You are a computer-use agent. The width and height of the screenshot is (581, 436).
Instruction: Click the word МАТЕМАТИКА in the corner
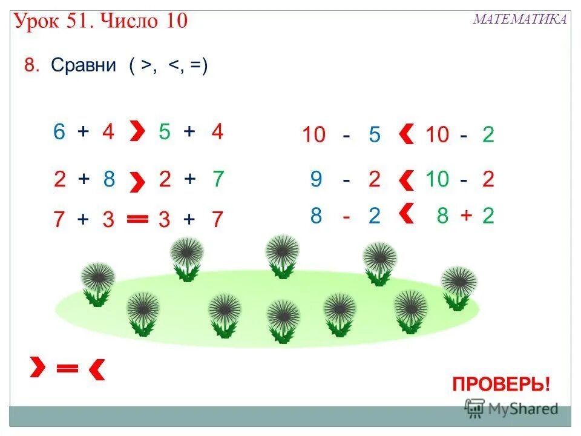click(520, 19)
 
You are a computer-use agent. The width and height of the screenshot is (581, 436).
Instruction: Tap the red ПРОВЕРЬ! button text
click(501, 384)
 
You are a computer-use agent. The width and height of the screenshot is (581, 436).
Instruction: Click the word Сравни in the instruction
click(84, 65)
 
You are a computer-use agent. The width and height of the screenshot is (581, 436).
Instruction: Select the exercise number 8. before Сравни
click(32, 65)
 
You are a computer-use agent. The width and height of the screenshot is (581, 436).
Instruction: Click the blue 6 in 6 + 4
click(59, 132)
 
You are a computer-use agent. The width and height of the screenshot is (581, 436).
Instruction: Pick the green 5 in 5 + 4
click(164, 132)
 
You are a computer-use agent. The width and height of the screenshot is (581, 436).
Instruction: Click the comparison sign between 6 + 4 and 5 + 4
click(137, 131)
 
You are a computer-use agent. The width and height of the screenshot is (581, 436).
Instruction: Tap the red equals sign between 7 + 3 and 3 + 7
click(137, 220)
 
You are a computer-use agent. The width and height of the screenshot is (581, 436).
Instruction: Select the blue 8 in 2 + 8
click(109, 179)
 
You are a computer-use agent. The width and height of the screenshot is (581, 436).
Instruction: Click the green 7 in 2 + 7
click(218, 179)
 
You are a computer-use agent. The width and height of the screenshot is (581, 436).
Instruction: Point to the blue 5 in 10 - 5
click(374, 135)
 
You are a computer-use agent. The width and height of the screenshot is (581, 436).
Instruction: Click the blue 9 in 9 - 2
click(316, 179)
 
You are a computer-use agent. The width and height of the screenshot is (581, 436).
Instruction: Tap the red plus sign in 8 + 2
click(466, 215)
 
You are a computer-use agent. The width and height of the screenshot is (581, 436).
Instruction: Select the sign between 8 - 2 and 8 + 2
click(406, 214)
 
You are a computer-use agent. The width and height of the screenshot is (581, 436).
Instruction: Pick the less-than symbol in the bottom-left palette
click(97, 369)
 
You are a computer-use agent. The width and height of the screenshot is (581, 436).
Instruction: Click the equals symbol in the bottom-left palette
click(67, 368)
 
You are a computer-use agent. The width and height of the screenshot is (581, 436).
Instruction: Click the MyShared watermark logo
click(511, 409)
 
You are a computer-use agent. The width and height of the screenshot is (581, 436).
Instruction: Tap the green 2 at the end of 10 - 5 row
click(488, 135)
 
